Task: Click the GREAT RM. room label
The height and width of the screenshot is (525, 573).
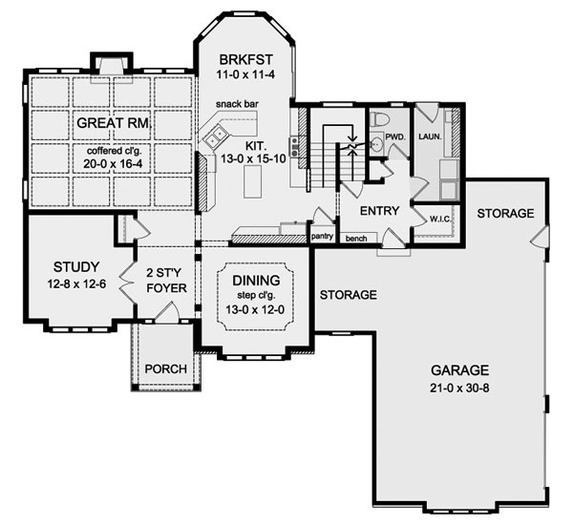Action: tap(115, 123)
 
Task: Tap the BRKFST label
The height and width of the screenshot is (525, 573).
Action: tap(246, 59)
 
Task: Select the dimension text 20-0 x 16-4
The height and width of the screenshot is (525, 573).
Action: tap(113, 163)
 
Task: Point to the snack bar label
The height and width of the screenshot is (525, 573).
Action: tap(237, 104)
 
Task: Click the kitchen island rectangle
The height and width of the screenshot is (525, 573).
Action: tap(252, 181)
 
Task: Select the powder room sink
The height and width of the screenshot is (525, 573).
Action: tap(374, 144)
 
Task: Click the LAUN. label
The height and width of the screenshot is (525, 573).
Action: tap(430, 137)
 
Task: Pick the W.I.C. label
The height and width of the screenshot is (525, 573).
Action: tap(440, 219)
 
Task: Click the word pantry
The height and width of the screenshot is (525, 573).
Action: tap(322, 236)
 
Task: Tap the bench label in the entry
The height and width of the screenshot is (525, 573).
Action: tap(356, 239)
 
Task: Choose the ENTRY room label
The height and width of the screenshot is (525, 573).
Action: tap(379, 211)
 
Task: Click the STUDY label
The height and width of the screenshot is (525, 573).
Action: tap(76, 267)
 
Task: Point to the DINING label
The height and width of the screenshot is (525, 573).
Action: tap(256, 281)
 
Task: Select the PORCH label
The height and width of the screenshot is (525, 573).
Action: tap(166, 369)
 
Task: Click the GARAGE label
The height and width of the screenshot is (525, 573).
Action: tap(459, 370)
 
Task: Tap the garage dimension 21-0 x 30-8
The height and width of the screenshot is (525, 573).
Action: tap(459, 388)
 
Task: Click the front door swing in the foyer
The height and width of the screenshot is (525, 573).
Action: tap(166, 312)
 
